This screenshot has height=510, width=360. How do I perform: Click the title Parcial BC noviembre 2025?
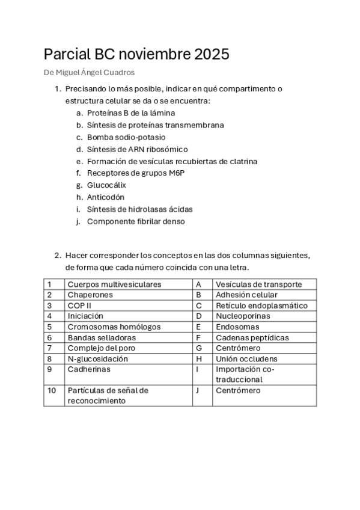click(136, 55)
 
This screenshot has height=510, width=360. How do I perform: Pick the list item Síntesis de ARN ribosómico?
click(137, 149)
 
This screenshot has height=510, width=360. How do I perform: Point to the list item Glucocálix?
click(106, 185)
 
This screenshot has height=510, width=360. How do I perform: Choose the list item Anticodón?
click(106, 197)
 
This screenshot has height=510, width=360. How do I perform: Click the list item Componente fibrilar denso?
click(136, 221)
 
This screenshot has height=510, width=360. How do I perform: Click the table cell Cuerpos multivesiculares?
click(114, 284)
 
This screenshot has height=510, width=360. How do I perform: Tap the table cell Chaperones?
click(90, 295)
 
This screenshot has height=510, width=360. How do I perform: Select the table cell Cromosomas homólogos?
click(114, 327)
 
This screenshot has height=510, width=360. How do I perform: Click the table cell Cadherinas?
click(89, 369)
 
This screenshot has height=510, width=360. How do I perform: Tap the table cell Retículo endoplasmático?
click(261, 305)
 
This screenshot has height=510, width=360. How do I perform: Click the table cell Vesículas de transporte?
click(258, 284)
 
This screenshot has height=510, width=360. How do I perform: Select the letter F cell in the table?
click(198, 337)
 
